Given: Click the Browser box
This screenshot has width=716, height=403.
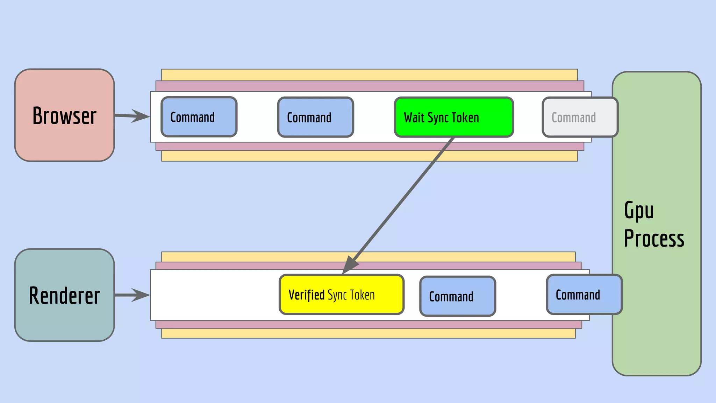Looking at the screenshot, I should [64, 115].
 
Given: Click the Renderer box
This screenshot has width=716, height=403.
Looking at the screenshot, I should [64, 295].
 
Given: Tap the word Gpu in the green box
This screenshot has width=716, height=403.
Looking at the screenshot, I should [639, 211].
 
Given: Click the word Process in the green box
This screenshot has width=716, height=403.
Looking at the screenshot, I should [654, 239].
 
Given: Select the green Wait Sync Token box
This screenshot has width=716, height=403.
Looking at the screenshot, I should [454, 117].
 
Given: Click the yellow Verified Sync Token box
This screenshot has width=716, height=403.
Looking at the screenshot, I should [342, 295].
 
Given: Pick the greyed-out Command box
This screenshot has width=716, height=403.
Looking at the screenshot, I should [580, 117].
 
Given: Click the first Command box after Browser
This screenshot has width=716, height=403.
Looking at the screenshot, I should [199, 117].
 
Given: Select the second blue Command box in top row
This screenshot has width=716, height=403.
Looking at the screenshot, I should [315, 117].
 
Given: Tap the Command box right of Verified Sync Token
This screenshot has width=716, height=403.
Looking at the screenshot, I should [457, 296].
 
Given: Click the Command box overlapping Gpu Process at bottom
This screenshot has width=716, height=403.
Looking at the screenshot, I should [584, 295].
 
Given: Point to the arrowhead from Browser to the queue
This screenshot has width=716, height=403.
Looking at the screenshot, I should [142, 116].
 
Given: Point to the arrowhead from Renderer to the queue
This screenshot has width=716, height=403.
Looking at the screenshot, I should [142, 295].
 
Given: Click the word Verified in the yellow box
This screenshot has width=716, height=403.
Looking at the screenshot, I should [306, 295].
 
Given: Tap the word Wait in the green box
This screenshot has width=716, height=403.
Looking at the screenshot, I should [414, 118].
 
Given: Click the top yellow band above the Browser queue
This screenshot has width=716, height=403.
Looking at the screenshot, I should [369, 75].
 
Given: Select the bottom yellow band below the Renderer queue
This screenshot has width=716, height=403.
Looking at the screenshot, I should [368, 333].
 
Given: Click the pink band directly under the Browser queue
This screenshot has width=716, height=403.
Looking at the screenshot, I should [370, 146].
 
